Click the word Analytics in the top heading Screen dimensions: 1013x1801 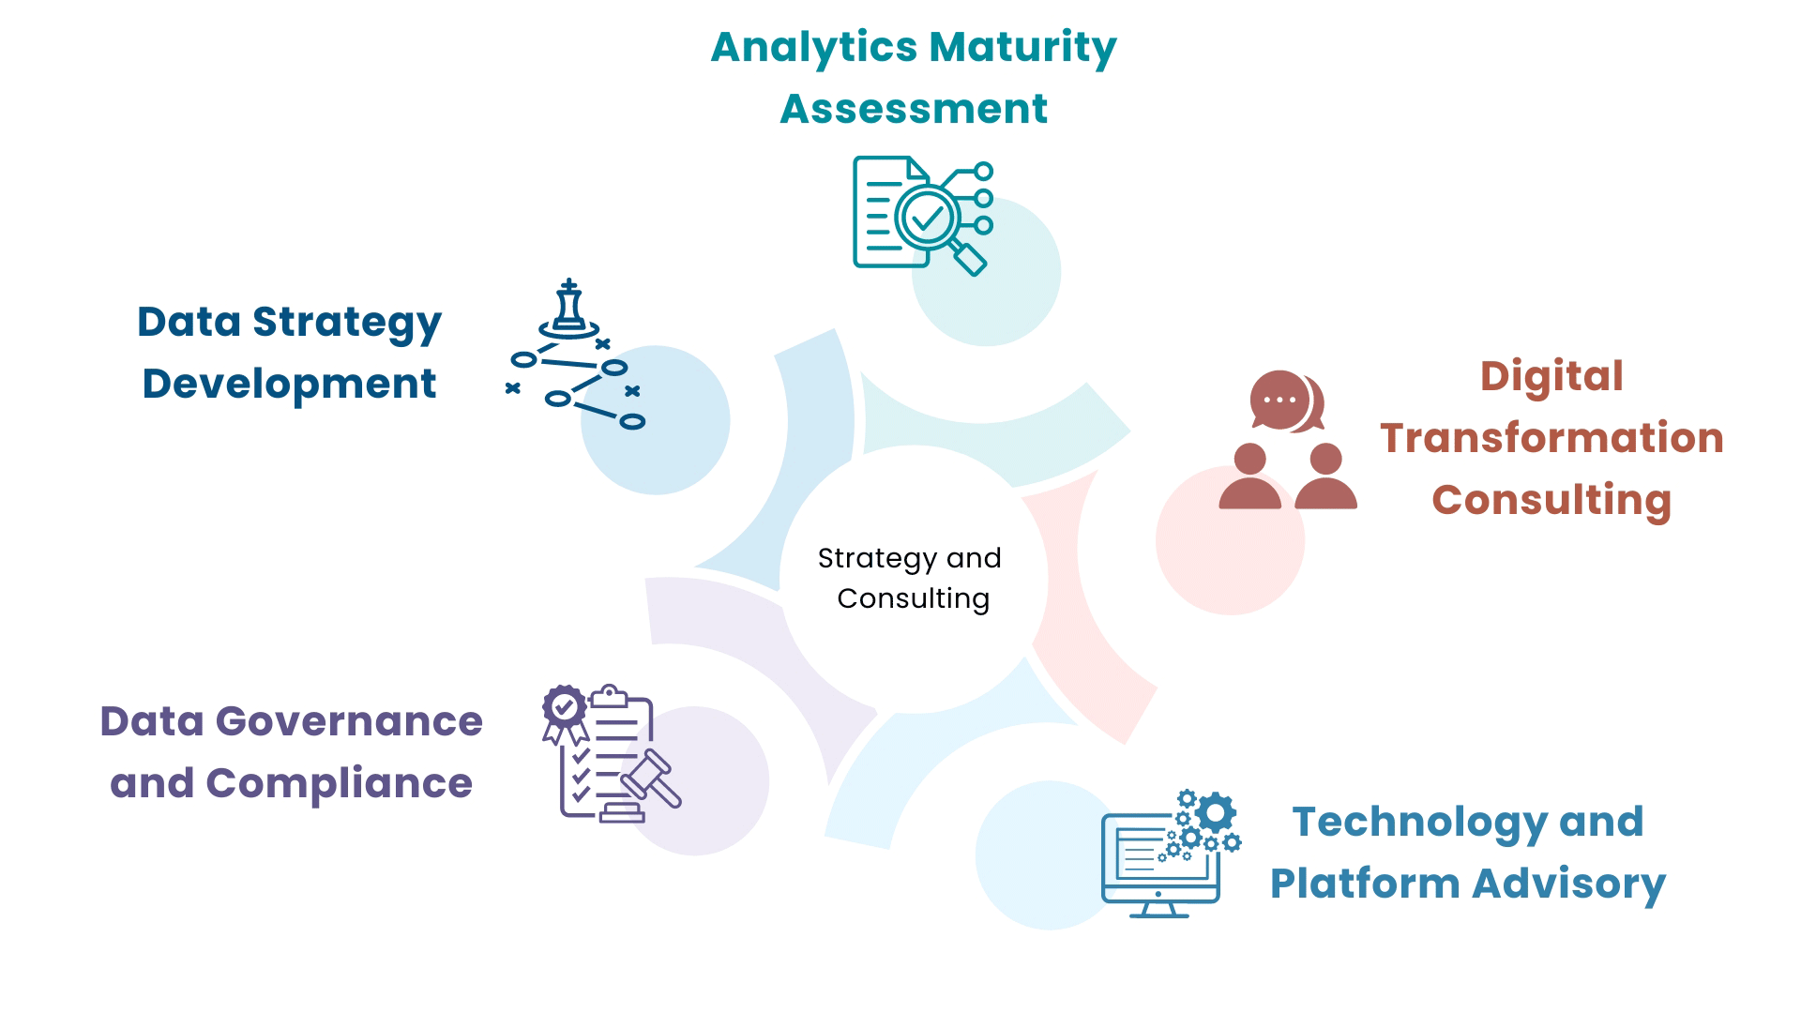[813, 47]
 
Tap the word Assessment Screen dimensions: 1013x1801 [914, 109]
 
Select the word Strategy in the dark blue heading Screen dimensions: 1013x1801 [347, 323]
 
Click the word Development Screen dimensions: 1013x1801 [289, 384]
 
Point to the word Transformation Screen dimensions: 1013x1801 [1551, 438]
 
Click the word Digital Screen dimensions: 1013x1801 [1551, 376]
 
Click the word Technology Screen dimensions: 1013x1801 [1420, 822]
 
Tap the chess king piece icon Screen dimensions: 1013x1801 [568, 308]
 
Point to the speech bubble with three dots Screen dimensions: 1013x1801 [1279, 400]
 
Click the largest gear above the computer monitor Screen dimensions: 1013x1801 [1216, 811]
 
